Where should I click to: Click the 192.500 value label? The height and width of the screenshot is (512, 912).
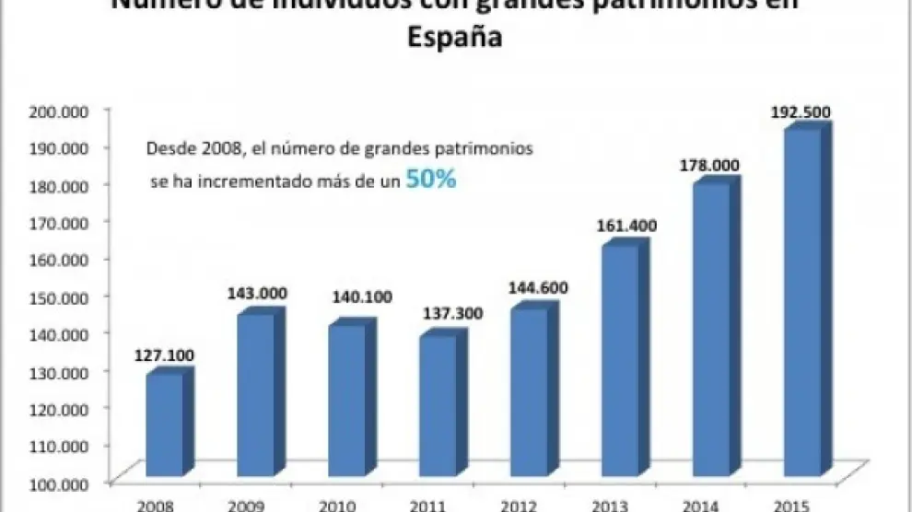point(800,113)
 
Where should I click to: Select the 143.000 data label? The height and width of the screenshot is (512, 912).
point(256,294)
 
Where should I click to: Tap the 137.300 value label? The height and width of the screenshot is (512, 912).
point(438,315)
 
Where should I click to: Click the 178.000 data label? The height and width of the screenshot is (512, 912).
point(709,164)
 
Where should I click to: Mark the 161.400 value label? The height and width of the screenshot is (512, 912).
point(619,224)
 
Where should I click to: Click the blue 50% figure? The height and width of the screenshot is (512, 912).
point(431,180)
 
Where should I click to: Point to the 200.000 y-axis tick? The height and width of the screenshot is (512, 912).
point(57,111)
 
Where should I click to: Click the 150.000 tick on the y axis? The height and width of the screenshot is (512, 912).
point(57,296)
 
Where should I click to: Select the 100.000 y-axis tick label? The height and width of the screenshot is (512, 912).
point(57,482)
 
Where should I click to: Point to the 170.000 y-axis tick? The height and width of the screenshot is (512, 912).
point(57,221)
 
